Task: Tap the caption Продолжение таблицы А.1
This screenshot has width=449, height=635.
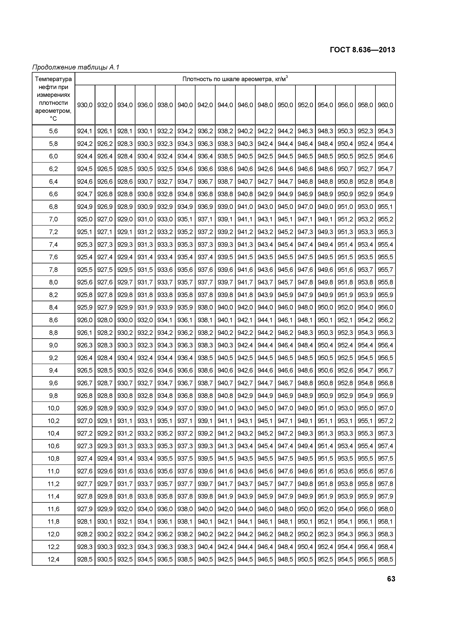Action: [x=75, y=67]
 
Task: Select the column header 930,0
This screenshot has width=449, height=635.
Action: [x=85, y=105]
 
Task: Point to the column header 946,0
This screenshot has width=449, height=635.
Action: [x=245, y=105]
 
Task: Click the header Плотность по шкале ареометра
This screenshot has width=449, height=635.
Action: [x=235, y=79]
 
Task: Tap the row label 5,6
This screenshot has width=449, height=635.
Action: [x=53, y=131]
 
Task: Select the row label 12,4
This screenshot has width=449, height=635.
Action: [x=53, y=559]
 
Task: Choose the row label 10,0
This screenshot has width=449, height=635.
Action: [x=53, y=408]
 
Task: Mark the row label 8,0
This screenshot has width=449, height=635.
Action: [x=53, y=282]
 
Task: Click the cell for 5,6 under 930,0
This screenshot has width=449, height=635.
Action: [x=85, y=131]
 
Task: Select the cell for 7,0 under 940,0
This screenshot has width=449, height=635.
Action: [x=185, y=219]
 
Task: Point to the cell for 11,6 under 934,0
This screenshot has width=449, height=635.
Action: [x=125, y=509]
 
